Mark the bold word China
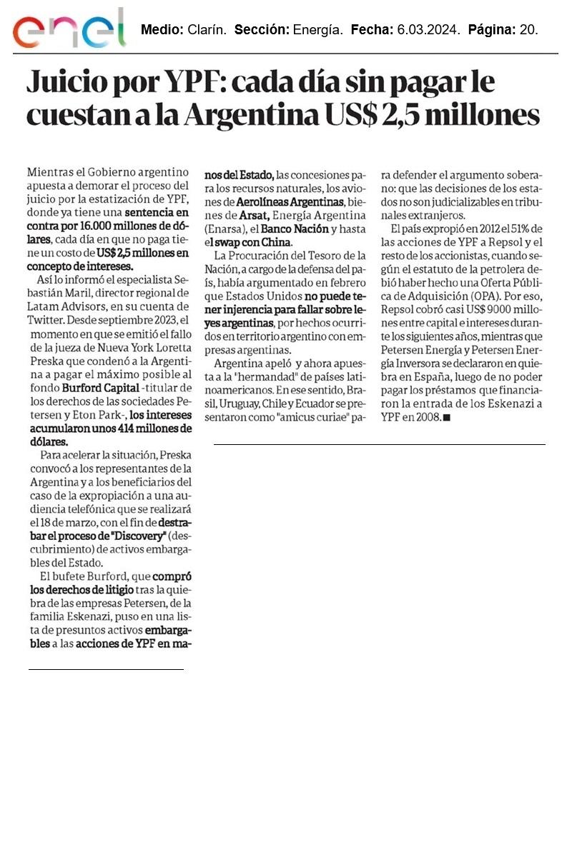point(276,241)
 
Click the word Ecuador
point(310,404)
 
